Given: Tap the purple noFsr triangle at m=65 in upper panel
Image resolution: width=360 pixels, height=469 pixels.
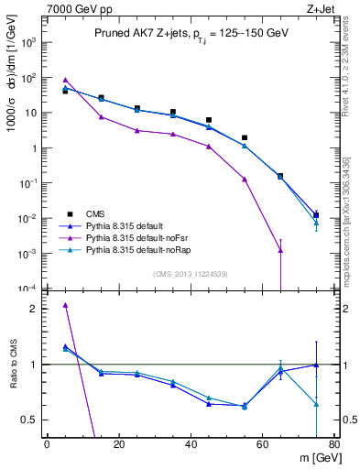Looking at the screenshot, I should click(280, 250).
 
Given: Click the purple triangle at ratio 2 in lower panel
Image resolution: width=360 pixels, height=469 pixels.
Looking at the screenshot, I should click(65, 305).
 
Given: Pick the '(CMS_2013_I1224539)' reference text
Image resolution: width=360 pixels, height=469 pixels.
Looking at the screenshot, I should click(191, 274).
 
